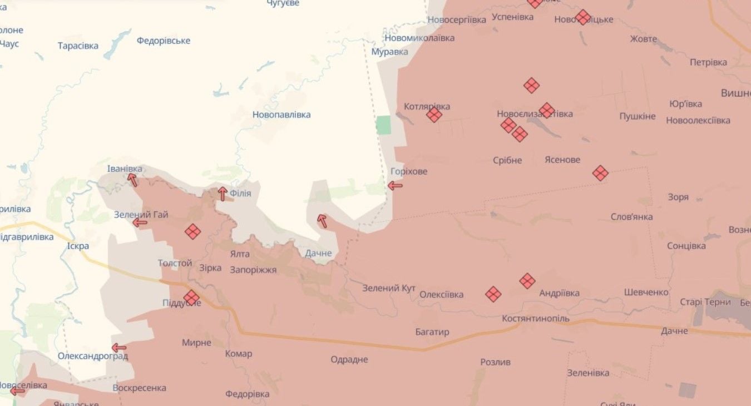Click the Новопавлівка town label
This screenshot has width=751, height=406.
pyautogui.click(x=281, y=115)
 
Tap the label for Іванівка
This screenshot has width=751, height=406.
pyautogui.click(x=125, y=169)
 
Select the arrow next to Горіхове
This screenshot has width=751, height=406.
pyautogui.click(x=395, y=186)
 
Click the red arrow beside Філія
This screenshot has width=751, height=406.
pyautogui.click(x=223, y=194)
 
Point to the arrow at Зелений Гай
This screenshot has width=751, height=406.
pyautogui.click(x=140, y=223)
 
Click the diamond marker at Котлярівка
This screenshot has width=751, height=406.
pyautogui.click(x=434, y=115)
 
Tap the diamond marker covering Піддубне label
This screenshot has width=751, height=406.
pyautogui.click(x=191, y=298)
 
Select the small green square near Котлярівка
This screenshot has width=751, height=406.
pyautogui.click(x=383, y=125)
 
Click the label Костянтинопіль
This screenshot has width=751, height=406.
pyautogui.click(x=536, y=319)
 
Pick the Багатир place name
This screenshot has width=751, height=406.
pyautogui.click(x=432, y=332)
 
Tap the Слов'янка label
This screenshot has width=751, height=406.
pyautogui.click(x=631, y=217)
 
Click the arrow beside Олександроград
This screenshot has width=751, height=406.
pyautogui.click(x=119, y=348)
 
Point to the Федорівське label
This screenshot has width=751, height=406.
pyautogui.click(x=163, y=41)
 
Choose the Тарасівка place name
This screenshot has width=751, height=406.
pyautogui.click(x=78, y=46)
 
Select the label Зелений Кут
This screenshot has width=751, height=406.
pyautogui.click(x=389, y=288)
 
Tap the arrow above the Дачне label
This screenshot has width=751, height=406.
pyautogui.click(x=322, y=221)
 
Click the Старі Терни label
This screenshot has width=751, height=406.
pyautogui.click(x=705, y=302)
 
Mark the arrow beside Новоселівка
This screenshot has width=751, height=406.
pyautogui.click(x=18, y=392)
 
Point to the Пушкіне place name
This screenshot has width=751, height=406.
pyautogui.click(x=638, y=117)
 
